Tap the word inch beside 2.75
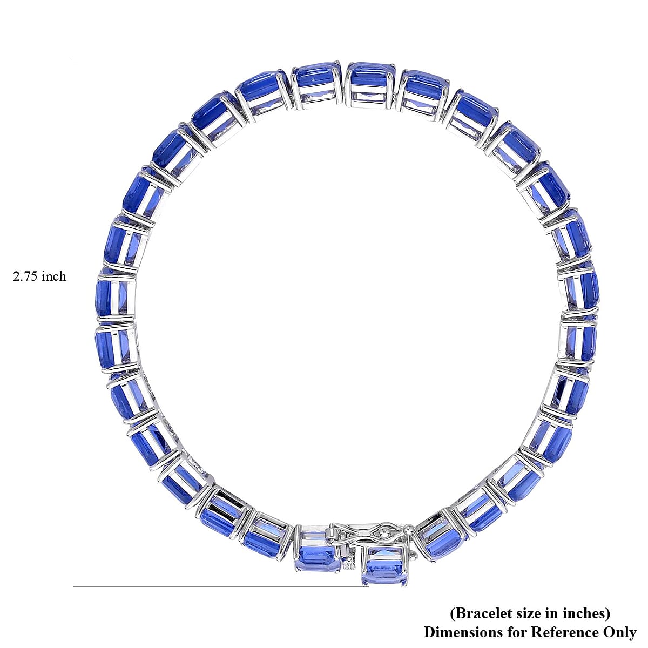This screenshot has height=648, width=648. click(55, 276)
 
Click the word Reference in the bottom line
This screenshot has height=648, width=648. click(549, 632)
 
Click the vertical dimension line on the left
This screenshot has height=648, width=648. click(73, 324)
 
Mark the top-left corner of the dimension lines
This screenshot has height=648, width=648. click(73, 60)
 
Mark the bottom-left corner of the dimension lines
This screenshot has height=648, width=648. click(73, 586)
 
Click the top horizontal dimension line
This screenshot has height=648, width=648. click(205, 60)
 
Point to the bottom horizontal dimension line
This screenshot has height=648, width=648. click(216, 586)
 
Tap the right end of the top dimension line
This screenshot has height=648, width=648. click(338, 60)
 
